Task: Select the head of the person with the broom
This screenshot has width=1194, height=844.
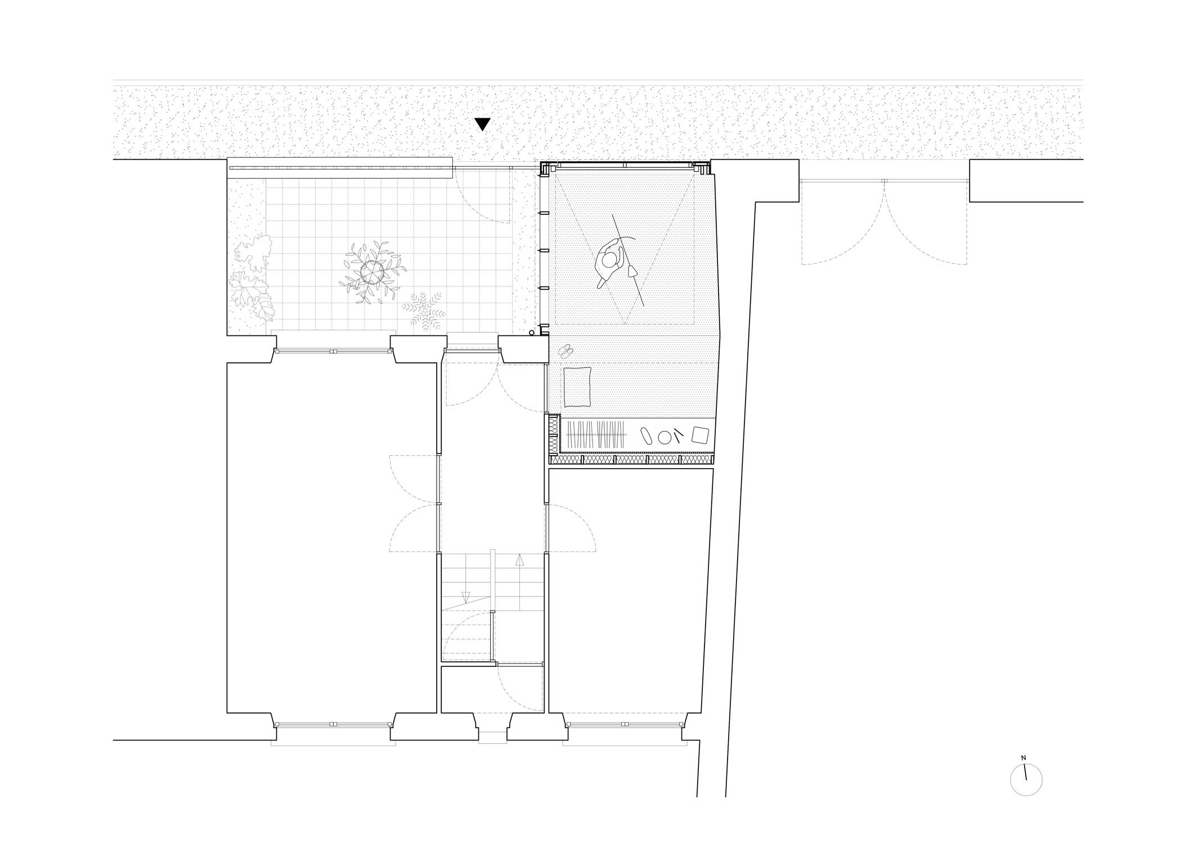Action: pos(609,261)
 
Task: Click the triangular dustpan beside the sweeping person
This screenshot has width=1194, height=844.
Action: pos(632,271)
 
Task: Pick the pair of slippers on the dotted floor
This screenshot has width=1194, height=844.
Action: pos(566,351)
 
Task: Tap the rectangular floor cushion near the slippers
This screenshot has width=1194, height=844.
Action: pos(577,387)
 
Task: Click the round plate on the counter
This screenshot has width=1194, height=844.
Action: pos(665,437)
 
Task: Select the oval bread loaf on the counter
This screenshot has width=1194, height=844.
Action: pos(646,436)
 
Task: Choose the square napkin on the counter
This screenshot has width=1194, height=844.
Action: pos(700,436)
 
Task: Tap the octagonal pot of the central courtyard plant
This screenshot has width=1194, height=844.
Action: pos(372,273)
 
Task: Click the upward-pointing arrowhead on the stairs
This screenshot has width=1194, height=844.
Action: pos(519,560)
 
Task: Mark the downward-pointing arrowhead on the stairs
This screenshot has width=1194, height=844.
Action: pos(466,598)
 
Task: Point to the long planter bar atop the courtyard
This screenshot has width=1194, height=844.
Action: pos(340,168)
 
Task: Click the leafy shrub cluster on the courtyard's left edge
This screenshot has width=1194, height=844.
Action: pos(251,279)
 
